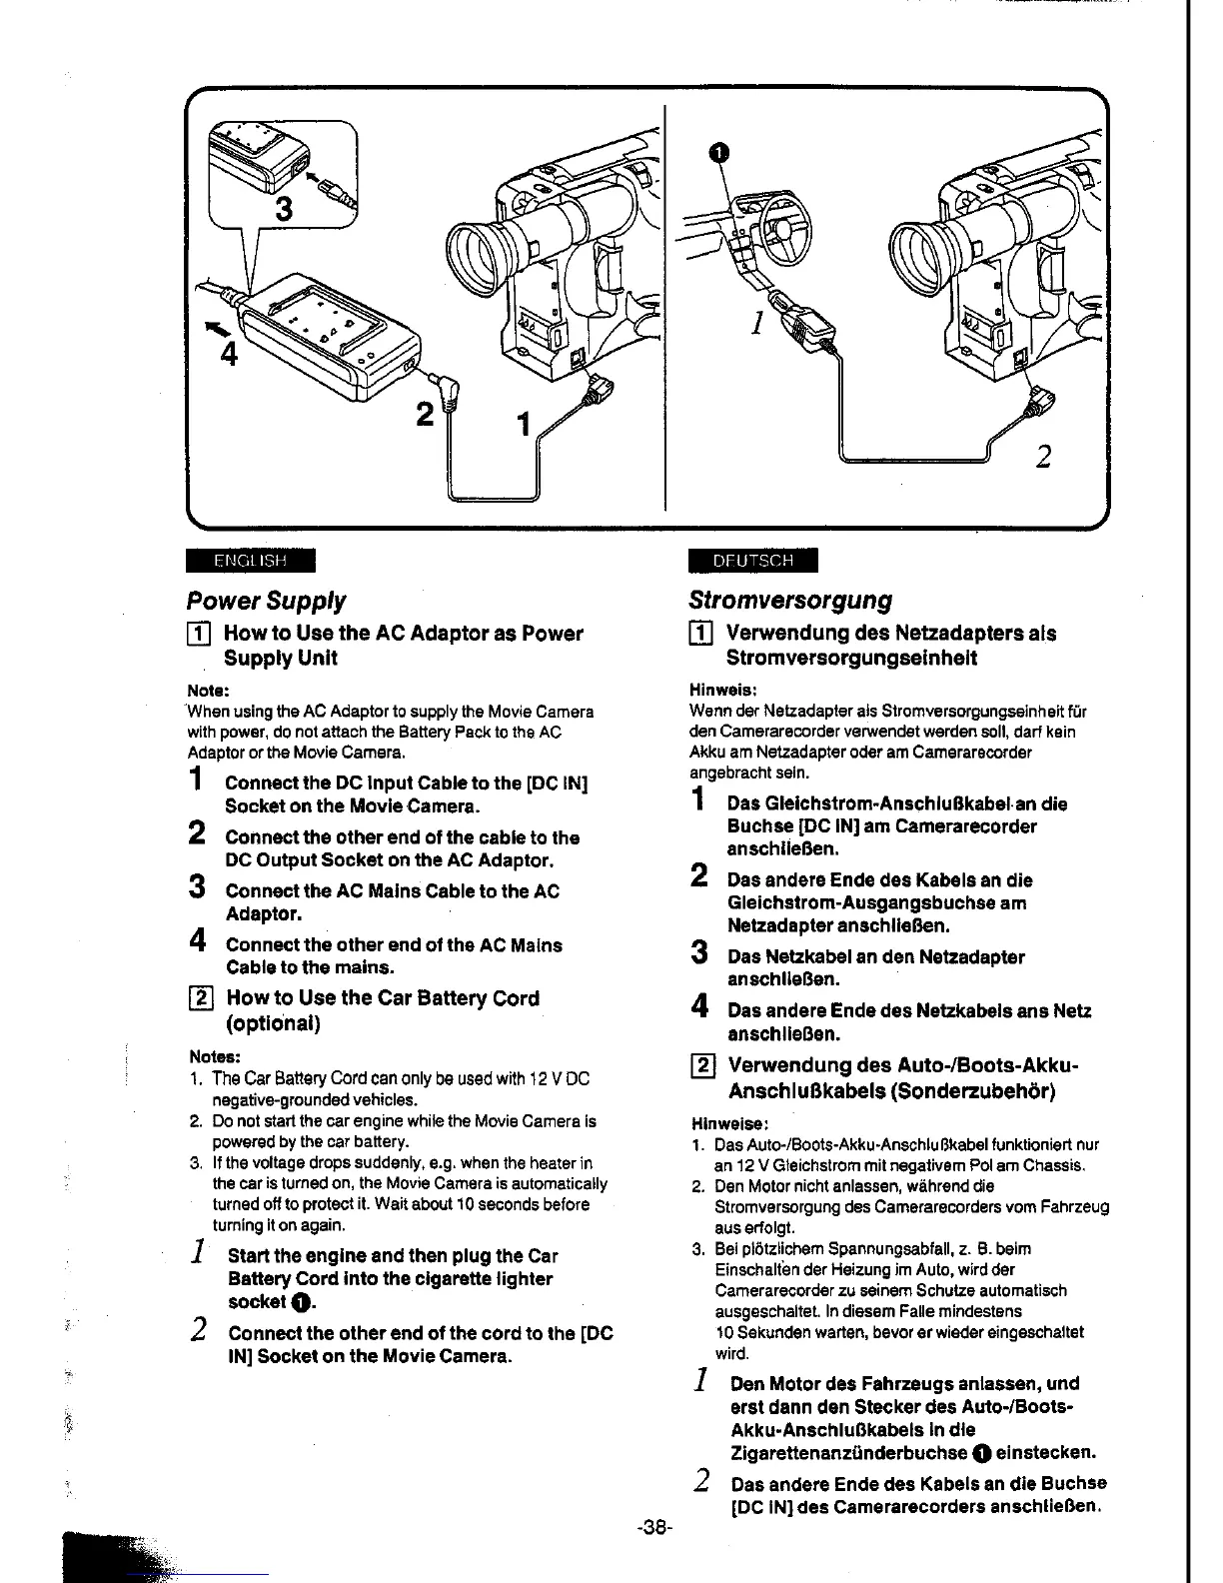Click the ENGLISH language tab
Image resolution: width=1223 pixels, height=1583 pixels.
pyautogui.click(x=250, y=561)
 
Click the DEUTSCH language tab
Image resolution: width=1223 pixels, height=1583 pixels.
pyautogui.click(x=752, y=561)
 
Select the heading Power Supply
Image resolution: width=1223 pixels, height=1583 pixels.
pyautogui.click(x=266, y=601)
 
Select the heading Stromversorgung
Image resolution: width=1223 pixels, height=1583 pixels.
pyautogui.click(x=789, y=601)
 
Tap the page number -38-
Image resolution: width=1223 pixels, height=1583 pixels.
pyautogui.click(x=655, y=1528)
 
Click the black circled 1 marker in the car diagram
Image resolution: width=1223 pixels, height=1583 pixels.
pyautogui.click(x=715, y=152)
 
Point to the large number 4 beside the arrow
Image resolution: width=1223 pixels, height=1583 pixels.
pyautogui.click(x=229, y=354)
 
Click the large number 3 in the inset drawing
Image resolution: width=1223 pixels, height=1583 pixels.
pyautogui.click(x=285, y=209)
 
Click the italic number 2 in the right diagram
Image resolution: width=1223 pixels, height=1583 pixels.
pyautogui.click(x=1043, y=457)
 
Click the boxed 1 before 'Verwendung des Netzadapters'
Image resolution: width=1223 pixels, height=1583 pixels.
pyautogui.click(x=702, y=634)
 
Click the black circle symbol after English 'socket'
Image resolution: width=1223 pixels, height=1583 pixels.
pyautogui.click(x=300, y=1303)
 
